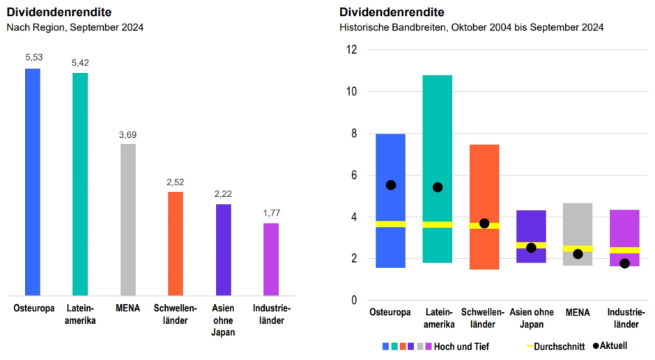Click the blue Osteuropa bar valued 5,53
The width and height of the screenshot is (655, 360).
pyautogui.click(x=33, y=181)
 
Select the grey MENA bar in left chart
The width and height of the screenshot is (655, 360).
pyautogui.click(x=128, y=219)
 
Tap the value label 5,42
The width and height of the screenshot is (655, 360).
pyautogui.click(x=80, y=63)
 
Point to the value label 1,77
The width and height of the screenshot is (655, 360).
pyautogui.click(x=271, y=213)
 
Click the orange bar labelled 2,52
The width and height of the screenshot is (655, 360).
pyautogui.click(x=176, y=243)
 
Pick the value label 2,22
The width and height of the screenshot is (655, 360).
pyautogui.click(x=223, y=194)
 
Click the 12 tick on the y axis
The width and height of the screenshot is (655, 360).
pyautogui.click(x=352, y=50)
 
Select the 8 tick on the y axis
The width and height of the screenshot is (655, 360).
pyautogui.click(x=354, y=134)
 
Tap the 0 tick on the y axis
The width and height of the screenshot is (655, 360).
pyautogui.click(x=354, y=301)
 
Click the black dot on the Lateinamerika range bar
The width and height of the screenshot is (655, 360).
pyautogui.click(x=438, y=187)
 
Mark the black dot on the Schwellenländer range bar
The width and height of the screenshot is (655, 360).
pyautogui.click(x=484, y=224)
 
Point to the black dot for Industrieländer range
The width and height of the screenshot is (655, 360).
pyautogui.click(x=624, y=263)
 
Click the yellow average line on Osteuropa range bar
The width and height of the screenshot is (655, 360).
pyautogui.click(x=391, y=224)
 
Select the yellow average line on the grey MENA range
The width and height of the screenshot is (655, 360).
pyautogui.click(x=578, y=248)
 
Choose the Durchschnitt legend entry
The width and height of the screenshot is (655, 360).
pyautogui.click(x=554, y=346)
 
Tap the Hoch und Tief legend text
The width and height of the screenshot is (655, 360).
pyautogui.click(x=461, y=346)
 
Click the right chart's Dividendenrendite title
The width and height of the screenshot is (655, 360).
pyautogui.click(x=392, y=12)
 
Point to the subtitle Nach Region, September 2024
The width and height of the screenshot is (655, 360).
pyautogui.click(x=75, y=27)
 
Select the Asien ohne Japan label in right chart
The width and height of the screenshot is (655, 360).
pyautogui.click(x=531, y=318)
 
